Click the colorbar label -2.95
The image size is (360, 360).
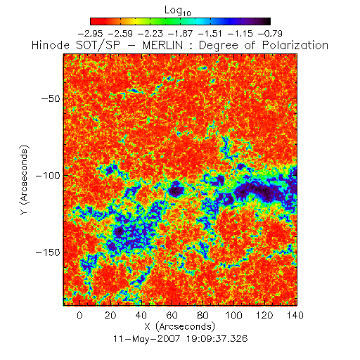click(90, 34)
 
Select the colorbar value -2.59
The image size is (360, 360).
click(120, 34)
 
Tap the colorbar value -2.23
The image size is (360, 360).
click(150, 34)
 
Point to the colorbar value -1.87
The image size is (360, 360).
click(180, 34)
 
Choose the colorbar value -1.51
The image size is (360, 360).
click(210, 34)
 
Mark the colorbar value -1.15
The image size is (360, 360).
click(240, 34)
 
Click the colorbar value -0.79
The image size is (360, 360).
click(270, 34)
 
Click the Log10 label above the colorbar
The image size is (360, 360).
click(178, 11)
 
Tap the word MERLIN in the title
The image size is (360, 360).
click(162, 45)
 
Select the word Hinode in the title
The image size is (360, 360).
click(51, 45)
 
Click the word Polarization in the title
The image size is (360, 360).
click(295, 45)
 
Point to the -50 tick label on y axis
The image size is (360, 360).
click(51, 98)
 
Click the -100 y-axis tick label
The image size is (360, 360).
click(48, 175)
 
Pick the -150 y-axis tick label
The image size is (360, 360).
click(48, 252)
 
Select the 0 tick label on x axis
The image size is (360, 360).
click(79, 315)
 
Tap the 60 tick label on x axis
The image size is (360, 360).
click(172, 315)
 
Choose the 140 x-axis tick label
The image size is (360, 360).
click(295, 315)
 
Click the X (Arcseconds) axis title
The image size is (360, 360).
click(180, 327)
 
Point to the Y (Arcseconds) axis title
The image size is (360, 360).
click(25, 180)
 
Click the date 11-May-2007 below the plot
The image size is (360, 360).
click(147, 339)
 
